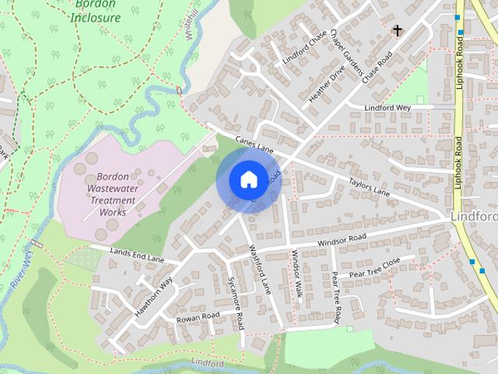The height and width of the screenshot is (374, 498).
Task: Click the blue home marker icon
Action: (x=247, y=179)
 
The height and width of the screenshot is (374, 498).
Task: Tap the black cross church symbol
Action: (x=398, y=31)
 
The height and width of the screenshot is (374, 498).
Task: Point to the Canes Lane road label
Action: (x=255, y=142)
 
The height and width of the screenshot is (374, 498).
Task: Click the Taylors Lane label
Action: (x=369, y=185)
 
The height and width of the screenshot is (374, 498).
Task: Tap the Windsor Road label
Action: (x=342, y=241)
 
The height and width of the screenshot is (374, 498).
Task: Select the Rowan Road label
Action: (x=198, y=316)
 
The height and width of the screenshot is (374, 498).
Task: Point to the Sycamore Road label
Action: (x=236, y=302)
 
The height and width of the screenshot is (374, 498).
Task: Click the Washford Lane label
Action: (x=260, y=269)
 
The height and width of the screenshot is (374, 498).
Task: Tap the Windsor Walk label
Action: (x=296, y=273)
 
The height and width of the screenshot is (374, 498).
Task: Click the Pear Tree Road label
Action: (x=336, y=297)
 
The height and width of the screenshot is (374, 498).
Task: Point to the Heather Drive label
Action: (x=327, y=85)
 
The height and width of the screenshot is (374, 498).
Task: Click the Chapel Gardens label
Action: (x=347, y=57)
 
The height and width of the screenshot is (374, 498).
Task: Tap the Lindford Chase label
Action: (x=305, y=48)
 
